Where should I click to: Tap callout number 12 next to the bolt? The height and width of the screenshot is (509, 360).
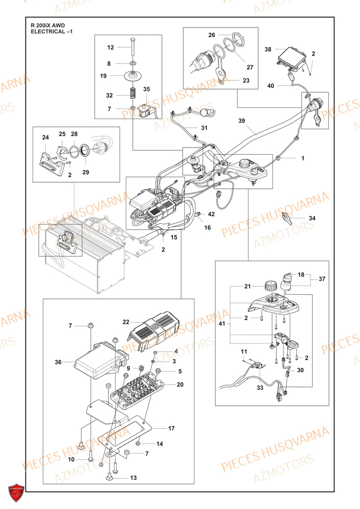tap(110, 47)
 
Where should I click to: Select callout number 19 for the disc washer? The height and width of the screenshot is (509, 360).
tap(103, 76)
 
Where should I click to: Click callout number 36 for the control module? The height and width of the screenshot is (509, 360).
tap(59, 362)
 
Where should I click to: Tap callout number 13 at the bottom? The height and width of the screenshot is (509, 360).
tap(133, 477)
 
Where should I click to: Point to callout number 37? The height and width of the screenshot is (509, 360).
tap(322, 279)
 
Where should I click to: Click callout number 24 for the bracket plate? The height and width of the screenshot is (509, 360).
tap(45, 137)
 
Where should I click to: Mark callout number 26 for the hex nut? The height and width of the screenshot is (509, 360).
tap(211, 35)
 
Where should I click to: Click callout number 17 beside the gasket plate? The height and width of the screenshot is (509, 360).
tap(171, 429)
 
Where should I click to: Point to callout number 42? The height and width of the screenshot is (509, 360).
tap(211, 214)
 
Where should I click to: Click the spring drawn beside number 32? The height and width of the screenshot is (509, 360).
tap(132, 95)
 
